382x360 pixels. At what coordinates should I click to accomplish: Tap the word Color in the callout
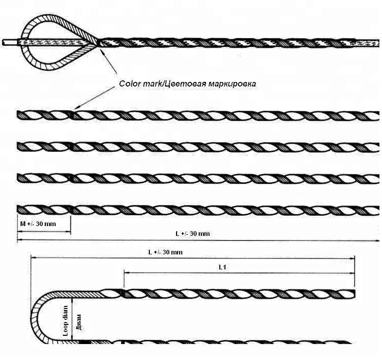tap(129, 83)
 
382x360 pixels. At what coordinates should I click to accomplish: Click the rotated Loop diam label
tap(66, 319)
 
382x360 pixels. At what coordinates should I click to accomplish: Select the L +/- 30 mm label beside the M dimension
tap(193, 234)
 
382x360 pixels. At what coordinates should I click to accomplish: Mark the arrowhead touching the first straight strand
tap(75, 108)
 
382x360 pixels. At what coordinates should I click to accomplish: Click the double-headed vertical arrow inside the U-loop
tap(73, 319)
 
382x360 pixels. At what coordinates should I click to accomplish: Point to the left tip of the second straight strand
tap(19, 147)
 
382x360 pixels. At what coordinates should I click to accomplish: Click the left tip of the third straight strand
tap(19, 178)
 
